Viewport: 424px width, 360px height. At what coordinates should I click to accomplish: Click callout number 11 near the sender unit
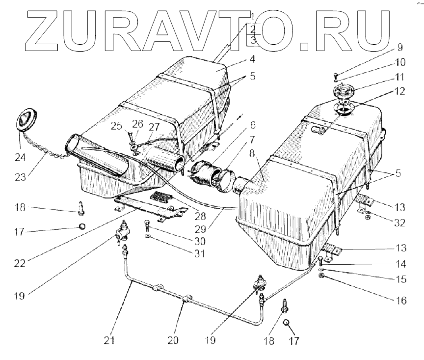click(x=399, y=78)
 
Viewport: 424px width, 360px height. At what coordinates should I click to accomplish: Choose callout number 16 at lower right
click(x=400, y=300)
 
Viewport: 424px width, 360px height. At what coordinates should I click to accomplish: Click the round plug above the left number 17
click(x=82, y=227)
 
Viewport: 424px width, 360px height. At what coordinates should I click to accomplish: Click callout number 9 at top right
click(x=399, y=48)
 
